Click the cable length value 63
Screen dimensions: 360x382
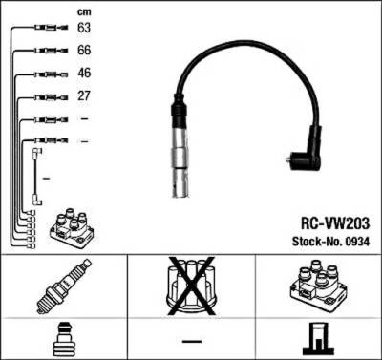pos(84,29)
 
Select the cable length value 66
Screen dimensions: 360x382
pos(84,52)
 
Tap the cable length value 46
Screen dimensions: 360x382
pos(84,74)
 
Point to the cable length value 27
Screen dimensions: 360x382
pos(84,95)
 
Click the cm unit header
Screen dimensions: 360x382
pos(83,11)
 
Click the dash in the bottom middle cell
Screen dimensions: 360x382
pos(192,340)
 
